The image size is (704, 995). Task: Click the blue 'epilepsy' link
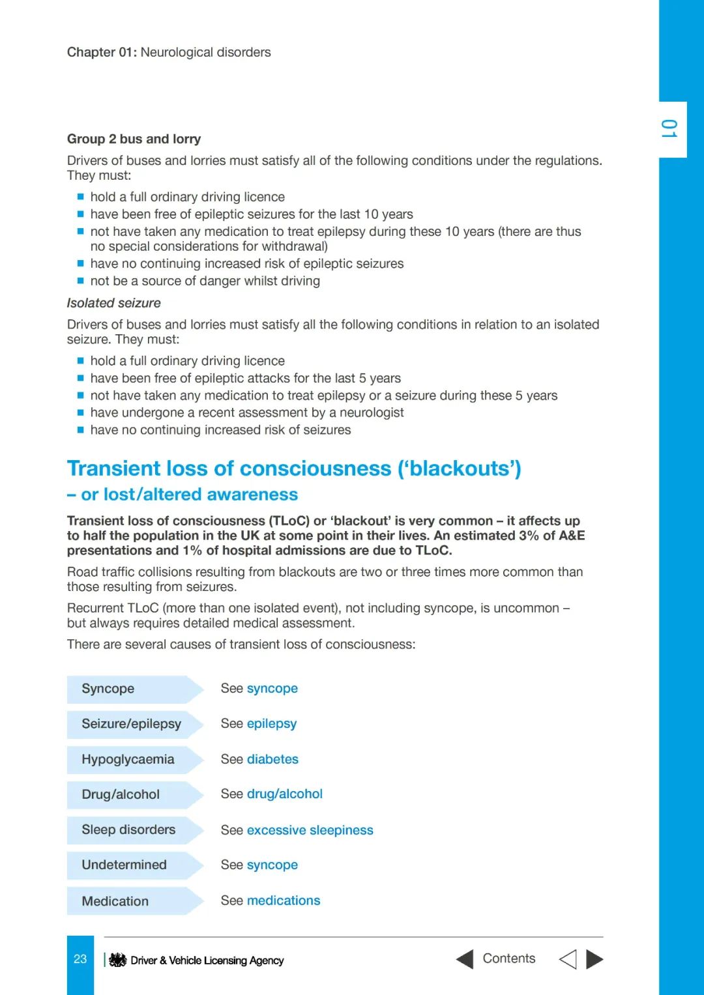point(272,724)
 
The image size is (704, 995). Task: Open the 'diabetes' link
point(272,760)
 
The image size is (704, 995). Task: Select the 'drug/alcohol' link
point(285,794)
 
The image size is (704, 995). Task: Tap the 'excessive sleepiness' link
point(310,830)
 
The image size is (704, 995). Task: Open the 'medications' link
point(284,901)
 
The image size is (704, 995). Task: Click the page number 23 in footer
point(80,959)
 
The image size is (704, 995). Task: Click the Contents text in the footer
point(509,959)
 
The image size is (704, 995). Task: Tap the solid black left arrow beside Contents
point(465,959)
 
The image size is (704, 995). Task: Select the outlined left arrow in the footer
point(568,959)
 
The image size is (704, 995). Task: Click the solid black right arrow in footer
point(594,959)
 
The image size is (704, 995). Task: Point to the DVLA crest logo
point(117,960)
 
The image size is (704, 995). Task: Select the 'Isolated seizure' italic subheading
point(113,303)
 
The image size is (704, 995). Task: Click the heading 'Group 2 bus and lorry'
point(134,139)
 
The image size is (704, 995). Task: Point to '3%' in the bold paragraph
point(529,536)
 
